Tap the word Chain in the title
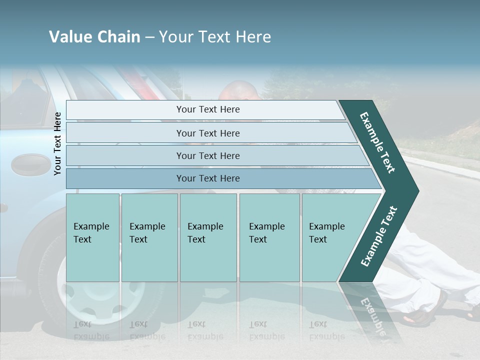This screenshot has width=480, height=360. coord(118,37)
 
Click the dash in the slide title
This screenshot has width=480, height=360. coord(149,37)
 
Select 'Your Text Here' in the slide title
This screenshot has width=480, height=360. coord(215,37)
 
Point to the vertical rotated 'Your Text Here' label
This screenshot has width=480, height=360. coord(58,143)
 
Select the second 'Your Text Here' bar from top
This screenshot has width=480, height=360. coord(208,133)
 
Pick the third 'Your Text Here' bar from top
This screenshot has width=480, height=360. coord(208,155)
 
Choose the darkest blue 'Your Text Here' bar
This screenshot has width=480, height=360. coord(208,178)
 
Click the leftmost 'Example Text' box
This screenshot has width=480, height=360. coord(92,237)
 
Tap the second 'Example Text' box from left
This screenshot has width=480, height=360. coord(149,237)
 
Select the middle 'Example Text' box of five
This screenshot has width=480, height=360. coord(208,237)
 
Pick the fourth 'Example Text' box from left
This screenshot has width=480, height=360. coord(269,237)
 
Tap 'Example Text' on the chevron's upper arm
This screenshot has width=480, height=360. coord(378,142)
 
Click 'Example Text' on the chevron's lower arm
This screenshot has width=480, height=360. coord(379,236)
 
